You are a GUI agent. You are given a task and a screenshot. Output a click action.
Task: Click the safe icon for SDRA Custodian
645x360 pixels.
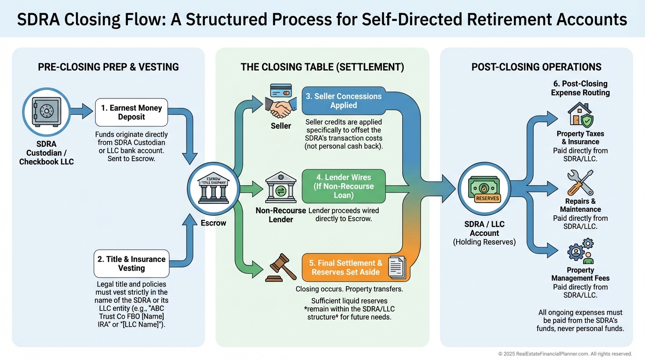click(46, 112)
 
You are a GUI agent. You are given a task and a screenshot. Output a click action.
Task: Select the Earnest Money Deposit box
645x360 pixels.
click(131, 112)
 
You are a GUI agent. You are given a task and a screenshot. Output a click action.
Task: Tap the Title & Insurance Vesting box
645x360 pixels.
click(131, 263)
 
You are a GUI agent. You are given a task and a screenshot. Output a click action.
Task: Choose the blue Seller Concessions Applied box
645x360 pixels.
click(344, 101)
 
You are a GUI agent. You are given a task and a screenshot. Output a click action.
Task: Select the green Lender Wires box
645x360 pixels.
click(344, 186)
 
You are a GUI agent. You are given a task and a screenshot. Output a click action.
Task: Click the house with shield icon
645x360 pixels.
click(580, 115)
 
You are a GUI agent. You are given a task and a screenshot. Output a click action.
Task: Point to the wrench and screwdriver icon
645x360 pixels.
click(580, 183)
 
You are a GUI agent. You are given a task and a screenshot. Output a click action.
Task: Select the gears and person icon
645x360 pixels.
click(580, 251)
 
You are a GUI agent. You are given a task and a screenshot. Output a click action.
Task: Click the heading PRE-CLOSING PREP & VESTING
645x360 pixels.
click(108, 67)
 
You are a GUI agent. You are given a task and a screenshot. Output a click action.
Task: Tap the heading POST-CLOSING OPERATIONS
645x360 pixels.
click(536, 67)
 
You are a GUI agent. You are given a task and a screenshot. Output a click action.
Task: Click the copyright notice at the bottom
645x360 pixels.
click(565, 354)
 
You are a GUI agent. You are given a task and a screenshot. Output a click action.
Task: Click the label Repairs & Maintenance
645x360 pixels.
click(580, 205)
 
